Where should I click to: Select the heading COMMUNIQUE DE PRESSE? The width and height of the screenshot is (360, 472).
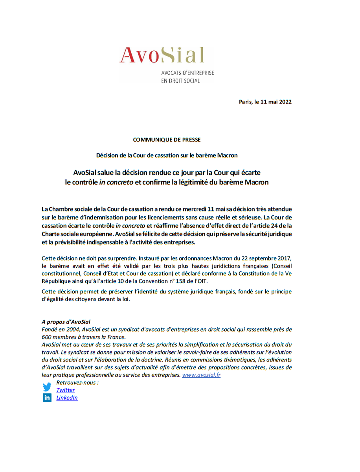(167, 139)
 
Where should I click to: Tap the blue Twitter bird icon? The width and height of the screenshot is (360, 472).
(47, 387)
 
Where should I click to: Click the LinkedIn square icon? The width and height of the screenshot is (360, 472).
(47, 398)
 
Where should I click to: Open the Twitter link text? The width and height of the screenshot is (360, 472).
(65, 390)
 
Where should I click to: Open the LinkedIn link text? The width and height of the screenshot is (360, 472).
(67, 398)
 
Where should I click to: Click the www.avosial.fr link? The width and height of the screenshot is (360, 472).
(201, 375)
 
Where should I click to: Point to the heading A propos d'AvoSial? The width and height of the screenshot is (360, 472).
(66, 321)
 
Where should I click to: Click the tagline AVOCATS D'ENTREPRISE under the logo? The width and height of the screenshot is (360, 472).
(187, 73)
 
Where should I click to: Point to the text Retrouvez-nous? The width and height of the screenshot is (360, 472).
(77, 382)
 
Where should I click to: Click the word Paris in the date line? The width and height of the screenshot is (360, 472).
(246, 102)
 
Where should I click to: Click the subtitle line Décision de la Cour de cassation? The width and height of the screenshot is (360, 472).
(167, 155)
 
